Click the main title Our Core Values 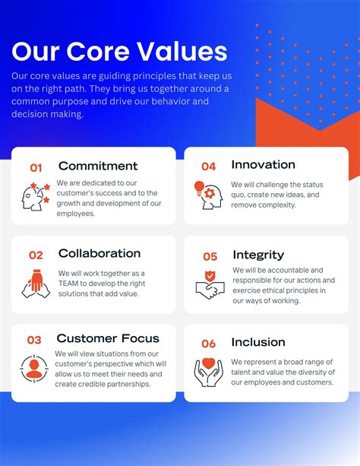[120, 52]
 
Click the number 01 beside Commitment [36, 167]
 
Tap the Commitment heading [98, 166]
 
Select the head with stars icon [36, 195]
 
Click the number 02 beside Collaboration [36, 255]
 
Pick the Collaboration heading [99, 253]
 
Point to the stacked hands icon [36, 284]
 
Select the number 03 [35, 340]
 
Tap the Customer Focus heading [108, 338]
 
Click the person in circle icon [35, 368]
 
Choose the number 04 [208, 166]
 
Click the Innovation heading [264, 164]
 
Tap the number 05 [210, 257]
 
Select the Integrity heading [258, 255]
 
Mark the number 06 [209, 344]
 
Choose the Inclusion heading [258, 341]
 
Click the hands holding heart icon [209, 372]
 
